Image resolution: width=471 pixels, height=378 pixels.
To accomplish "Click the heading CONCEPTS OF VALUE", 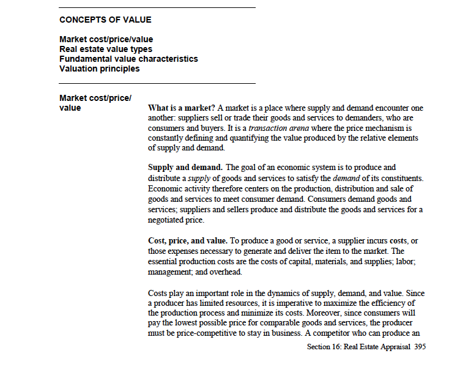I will [105, 20].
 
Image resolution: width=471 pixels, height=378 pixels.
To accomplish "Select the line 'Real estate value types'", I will [106, 49].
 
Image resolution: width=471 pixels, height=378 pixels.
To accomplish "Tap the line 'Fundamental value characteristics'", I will [128, 59].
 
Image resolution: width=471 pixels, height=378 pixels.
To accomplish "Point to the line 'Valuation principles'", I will [99, 69].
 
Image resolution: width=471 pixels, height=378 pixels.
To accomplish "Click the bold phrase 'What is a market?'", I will [181, 108].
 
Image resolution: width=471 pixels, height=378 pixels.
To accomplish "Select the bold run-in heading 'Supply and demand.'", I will [185, 168].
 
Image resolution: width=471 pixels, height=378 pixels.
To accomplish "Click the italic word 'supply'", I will [198, 178].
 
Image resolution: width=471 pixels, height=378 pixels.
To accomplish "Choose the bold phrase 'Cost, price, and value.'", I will [188, 242].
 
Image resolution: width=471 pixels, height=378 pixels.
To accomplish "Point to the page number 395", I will [420, 347].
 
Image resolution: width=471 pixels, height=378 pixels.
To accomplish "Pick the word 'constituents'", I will [400, 178].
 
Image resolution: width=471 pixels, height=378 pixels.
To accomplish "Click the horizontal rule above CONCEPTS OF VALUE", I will [157, 7].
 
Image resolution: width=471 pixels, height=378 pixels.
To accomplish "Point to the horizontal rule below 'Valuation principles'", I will [157, 83].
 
